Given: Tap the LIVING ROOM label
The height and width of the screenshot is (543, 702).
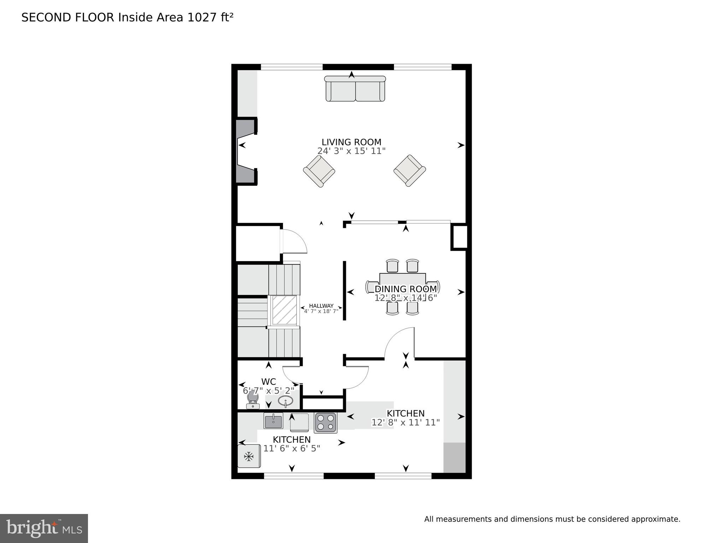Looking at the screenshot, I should coord(351,142).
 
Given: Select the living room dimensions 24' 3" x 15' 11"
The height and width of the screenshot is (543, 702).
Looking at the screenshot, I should coord(351,151).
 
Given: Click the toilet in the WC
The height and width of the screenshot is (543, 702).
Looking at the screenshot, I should coord(252,399).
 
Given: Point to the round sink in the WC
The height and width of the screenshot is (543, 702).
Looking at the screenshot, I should coord(285,401).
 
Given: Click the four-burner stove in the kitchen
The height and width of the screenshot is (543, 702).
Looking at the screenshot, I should coord(325,422).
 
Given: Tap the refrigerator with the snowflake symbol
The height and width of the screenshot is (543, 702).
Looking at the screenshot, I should coord(249,456).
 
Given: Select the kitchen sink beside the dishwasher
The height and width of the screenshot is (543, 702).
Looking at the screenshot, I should coord(273,421).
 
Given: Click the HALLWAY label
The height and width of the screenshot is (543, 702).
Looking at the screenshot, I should coord(321,306).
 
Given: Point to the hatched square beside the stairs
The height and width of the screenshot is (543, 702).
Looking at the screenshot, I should coord(284,310).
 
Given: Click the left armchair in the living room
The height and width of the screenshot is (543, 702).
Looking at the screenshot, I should coord(319,171).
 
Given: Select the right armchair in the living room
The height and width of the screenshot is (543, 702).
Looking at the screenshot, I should coord(409,171).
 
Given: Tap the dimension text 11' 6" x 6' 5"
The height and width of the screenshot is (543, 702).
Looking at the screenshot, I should coord(291,449).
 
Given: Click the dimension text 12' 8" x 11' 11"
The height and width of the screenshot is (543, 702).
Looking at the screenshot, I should coord(405,422).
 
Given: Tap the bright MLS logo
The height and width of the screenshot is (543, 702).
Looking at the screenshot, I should coord(44,528).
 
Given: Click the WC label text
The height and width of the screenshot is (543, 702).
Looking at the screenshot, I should coord(269,382).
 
